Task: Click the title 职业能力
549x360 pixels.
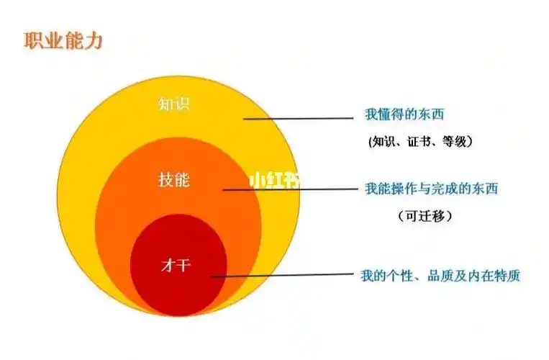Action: click(64, 40)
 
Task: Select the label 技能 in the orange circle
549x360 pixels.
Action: click(173, 179)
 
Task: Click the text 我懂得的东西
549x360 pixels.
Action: click(410, 114)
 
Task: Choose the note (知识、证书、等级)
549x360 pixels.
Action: click(419, 142)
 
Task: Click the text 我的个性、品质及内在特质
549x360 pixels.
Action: click(440, 275)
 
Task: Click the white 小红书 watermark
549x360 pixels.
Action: click(275, 180)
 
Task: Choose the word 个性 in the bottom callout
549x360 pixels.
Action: click(401, 275)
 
